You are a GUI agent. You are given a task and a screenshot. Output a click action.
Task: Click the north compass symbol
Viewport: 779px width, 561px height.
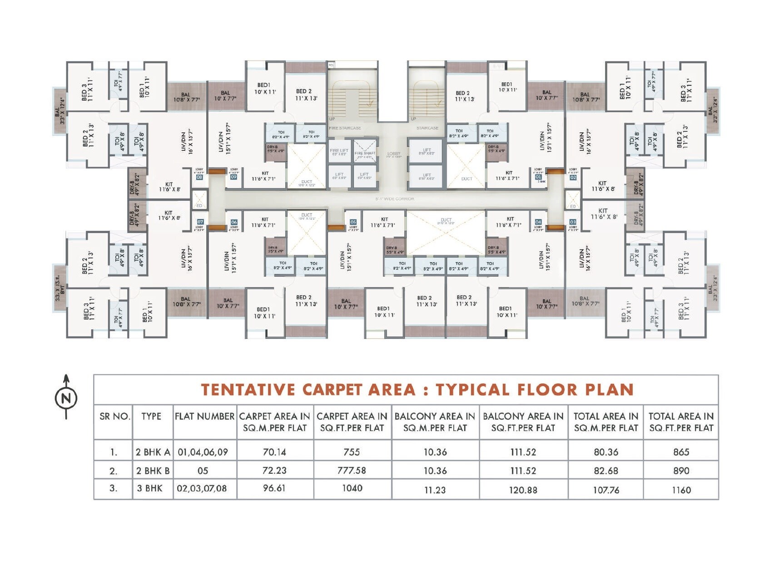click(66, 398)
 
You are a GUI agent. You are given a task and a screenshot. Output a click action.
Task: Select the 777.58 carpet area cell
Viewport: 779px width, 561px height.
click(352, 471)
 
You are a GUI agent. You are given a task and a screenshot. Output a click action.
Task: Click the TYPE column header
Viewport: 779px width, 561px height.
click(151, 416)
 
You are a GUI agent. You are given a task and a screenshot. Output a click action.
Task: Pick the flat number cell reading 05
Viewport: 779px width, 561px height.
click(203, 471)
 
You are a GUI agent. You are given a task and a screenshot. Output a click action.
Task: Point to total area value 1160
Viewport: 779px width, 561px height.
click(681, 490)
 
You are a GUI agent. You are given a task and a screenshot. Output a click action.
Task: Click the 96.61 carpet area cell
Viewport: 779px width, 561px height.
click(274, 488)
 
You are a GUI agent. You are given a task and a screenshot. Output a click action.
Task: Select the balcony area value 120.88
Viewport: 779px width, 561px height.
click(523, 490)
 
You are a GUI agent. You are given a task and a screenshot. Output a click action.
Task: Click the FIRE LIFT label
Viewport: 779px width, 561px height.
click(339, 151)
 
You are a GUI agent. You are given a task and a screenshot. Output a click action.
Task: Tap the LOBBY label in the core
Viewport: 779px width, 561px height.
click(394, 154)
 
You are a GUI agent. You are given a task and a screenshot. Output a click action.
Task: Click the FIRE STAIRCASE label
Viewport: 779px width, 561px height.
click(345, 128)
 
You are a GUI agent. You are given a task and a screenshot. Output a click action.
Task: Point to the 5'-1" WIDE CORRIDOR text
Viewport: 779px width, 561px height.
click(394, 199)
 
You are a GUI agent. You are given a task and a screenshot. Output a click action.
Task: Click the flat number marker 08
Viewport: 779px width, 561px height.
click(199, 177)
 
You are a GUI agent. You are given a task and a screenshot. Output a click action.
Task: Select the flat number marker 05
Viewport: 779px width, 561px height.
click(353, 222)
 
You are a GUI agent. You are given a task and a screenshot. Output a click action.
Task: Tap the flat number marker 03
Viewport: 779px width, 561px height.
click(573, 222)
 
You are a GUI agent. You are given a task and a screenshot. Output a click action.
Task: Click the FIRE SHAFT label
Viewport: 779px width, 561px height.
click(365, 154)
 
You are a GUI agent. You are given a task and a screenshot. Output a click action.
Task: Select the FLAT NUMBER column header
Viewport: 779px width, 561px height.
click(204, 416)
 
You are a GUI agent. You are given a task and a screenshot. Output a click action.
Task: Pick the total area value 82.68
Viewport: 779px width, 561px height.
click(605, 471)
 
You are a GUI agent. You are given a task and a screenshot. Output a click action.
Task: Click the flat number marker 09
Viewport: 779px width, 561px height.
click(233, 177)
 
